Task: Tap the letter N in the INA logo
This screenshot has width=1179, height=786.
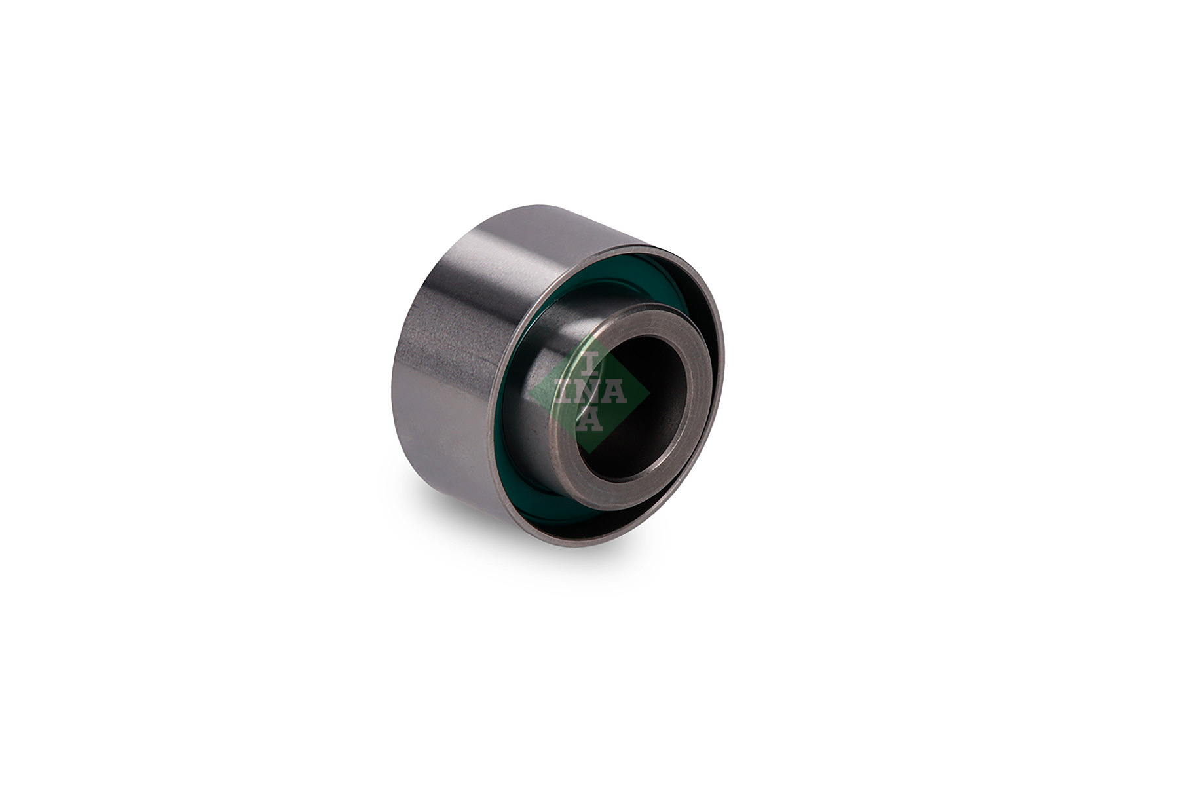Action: point(589,393)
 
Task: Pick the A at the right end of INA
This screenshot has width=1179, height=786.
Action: point(615,393)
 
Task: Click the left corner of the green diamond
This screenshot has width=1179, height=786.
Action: point(530,394)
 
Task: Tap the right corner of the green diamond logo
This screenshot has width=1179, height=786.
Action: point(649,394)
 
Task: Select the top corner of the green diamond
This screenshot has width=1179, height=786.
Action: point(589,335)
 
